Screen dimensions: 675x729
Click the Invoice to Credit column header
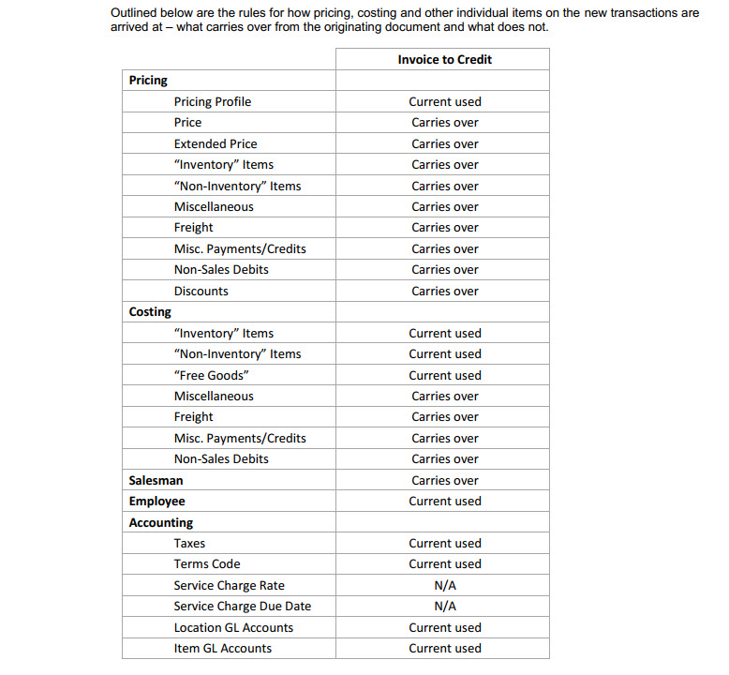click(x=444, y=59)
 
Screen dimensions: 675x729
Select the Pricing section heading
click(x=148, y=81)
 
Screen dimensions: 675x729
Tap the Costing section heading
click(x=150, y=311)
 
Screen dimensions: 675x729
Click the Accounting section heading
click(x=160, y=522)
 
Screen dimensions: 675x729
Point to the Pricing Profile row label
click(x=212, y=101)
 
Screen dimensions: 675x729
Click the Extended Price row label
click(x=215, y=143)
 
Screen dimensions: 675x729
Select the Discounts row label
click(x=201, y=291)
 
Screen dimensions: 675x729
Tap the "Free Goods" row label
click(x=211, y=375)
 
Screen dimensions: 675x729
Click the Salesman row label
click(x=156, y=480)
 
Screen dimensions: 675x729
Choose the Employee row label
click(x=156, y=501)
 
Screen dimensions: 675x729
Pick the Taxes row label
click(x=189, y=543)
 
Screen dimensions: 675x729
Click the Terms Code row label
click(x=206, y=563)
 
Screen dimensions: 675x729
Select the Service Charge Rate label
click(x=229, y=585)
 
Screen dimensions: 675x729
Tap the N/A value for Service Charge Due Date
click(x=445, y=606)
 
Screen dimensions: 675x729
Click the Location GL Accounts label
click(x=233, y=627)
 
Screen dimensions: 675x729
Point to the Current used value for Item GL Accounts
click(x=444, y=648)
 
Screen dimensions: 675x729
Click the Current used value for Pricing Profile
click(x=444, y=101)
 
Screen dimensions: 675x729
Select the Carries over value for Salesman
click(x=444, y=480)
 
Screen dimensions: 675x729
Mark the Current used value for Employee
click(x=444, y=501)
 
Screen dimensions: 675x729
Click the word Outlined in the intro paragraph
click(x=132, y=12)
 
